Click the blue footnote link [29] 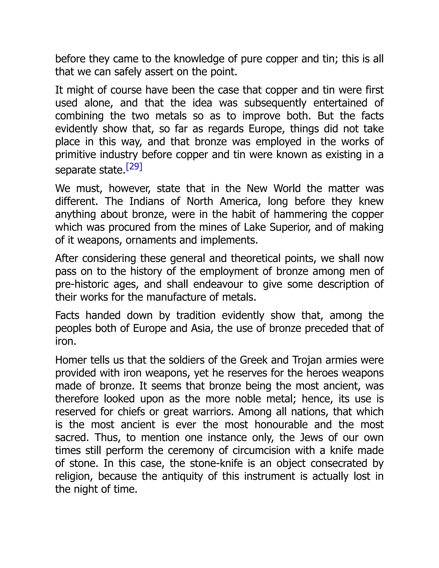click(x=134, y=167)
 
